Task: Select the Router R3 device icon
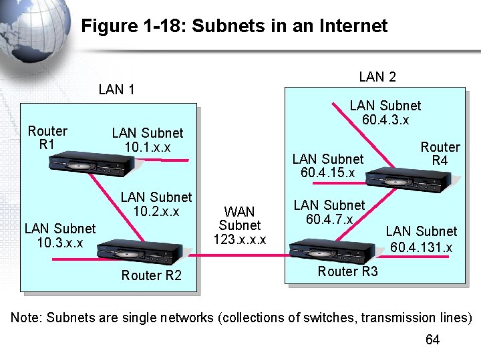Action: click(x=331, y=250)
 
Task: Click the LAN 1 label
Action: click(x=116, y=90)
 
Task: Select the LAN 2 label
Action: click(x=377, y=77)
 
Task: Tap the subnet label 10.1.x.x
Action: click(x=147, y=147)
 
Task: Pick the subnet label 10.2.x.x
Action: click(x=156, y=211)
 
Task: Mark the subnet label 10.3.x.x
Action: click(x=60, y=242)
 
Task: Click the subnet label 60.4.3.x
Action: click(x=385, y=120)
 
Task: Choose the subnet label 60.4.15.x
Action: click(x=328, y=173)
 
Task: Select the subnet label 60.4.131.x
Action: click(x=422, y=248)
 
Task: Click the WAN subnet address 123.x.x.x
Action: click(x=240, y=239)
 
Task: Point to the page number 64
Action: click(x=432, y=340)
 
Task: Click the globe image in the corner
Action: click(x=27, y=33)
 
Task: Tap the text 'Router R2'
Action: click(x=151, y=275)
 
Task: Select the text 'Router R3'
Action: click(x=347, y=271)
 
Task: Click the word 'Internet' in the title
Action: click(x=353, y=26)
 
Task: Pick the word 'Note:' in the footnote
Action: click(x=27, y=318)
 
